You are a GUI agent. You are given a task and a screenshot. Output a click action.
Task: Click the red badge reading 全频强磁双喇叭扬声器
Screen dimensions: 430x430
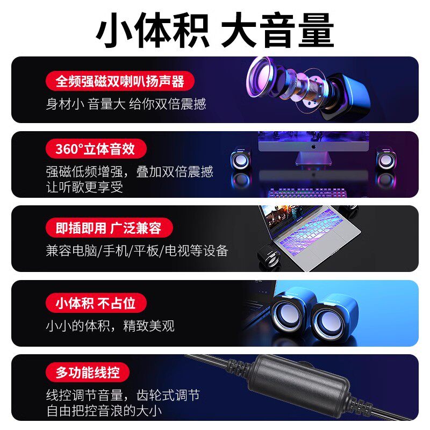coord(120,81)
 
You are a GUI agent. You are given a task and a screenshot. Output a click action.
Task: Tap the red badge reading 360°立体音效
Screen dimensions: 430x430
coord(94,149)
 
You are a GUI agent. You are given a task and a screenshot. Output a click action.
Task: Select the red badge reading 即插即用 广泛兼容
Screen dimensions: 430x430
coord(109,228)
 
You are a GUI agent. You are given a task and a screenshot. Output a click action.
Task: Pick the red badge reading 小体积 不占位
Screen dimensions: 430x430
coord(96,303)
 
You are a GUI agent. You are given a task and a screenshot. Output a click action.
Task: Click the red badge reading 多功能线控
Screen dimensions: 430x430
coord(88,372)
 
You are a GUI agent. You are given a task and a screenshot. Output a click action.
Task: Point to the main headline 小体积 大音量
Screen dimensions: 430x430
coord(215,31)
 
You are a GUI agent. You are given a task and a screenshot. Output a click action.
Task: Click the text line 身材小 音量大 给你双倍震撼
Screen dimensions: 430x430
coord(126,104)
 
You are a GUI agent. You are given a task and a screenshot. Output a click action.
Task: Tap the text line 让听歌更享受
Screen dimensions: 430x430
coord(84,187)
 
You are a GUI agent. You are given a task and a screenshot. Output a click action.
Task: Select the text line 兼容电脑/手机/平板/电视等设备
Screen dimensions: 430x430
coord(137,250)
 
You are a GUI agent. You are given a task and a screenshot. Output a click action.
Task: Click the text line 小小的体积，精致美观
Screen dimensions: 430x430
coord(110,326)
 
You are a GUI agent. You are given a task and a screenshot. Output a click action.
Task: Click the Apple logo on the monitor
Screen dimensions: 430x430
coord(313,146)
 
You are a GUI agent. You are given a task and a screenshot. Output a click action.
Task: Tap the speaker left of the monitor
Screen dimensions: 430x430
coord(240,160)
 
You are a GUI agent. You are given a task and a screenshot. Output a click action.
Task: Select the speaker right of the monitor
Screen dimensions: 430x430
coord(385,160)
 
